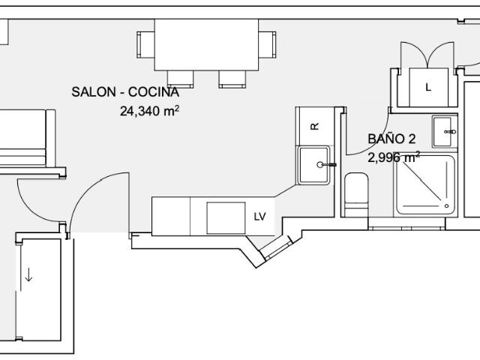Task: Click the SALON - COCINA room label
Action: click(x=125, y=91)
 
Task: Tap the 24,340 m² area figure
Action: click(x=149, y=111)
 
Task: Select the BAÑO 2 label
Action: click(x=391, y=139)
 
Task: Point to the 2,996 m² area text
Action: click(x=393, y=157)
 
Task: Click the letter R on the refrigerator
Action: click(x=315, y=126)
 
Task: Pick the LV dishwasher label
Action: click(x=259, y=217)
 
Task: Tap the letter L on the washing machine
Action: click(x=428, y=88)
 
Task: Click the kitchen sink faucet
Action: click(x=326, y=165)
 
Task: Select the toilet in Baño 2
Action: click(x=356, y=195)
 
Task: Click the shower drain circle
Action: click(x=446, y=205)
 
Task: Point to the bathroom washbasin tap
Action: click(x=450, y=132)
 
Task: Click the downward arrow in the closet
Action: click(x=28, y=274)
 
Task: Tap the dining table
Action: click(x=206, y=45)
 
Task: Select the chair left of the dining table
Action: click(x=145, y=45)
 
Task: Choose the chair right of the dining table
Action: click(x=267, y=45)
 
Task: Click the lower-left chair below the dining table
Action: click(x=180, y=79)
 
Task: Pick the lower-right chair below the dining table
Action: click(x=232, y=79)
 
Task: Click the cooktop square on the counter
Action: click(x=226, y=218)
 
